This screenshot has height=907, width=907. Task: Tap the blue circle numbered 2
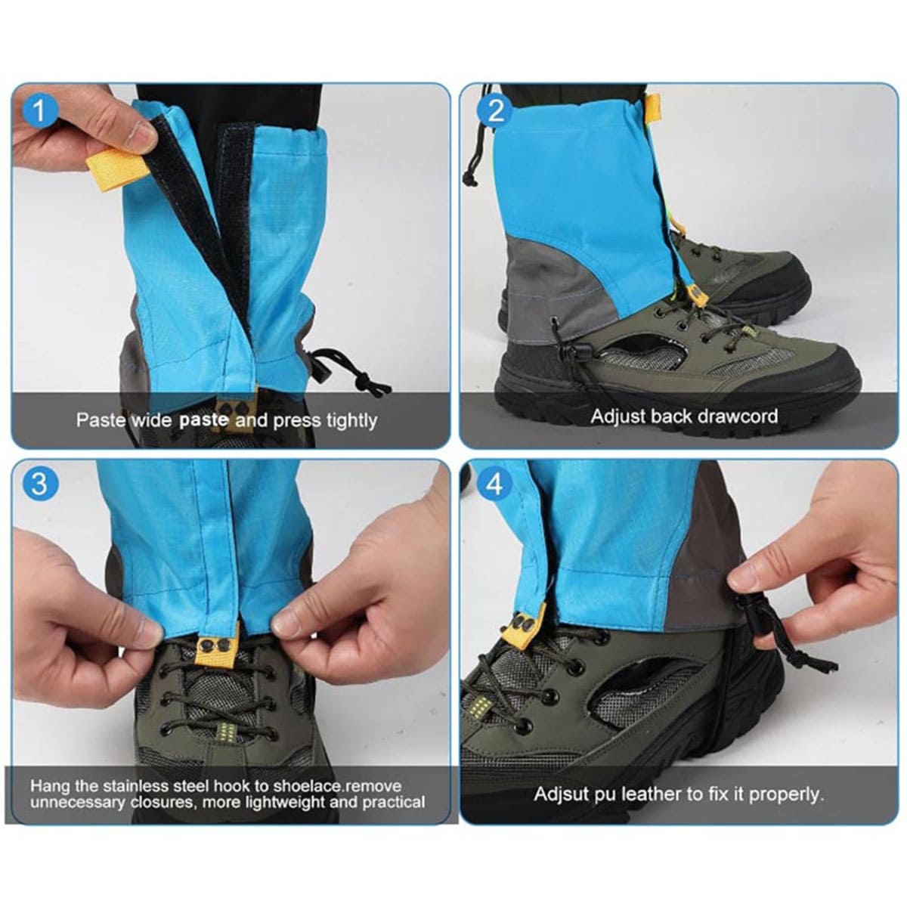(x=494, y=112)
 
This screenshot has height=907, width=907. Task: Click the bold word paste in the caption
(x=204, y=419)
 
